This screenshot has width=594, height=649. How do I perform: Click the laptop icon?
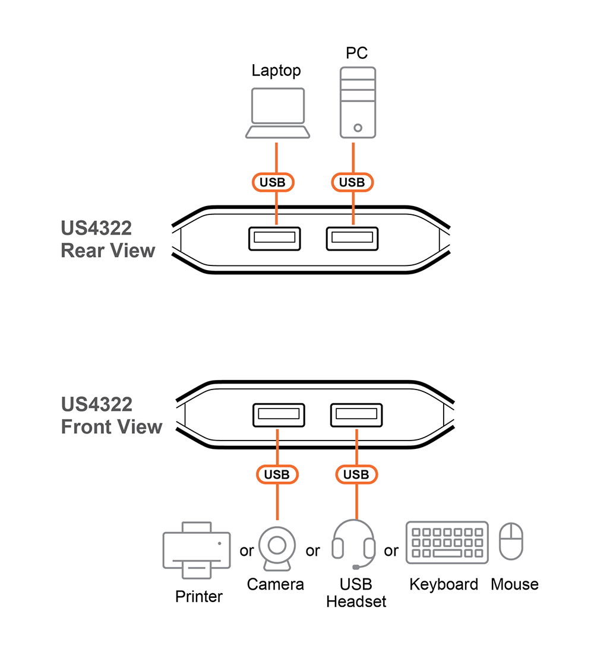pyautogui.click(x=277, y=113)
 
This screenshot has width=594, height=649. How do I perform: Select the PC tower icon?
pyautogui.click(x=357, y=102)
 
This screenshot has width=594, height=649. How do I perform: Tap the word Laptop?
pyautogui.click(x=276, y=71)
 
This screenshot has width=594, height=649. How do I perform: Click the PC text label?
pyautogui.click(x=357, y=53)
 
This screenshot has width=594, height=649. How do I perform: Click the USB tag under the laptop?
pyautogui.click(x=273, y=182)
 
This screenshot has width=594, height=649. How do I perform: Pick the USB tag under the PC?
pyautogui.click(x=352, y=182)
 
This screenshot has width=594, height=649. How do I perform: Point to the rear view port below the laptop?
pyautogui.click(x=274, y=239)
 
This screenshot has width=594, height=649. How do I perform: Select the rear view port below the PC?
pyautogui.click(x=352, y=239)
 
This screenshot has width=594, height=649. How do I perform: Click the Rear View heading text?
pyautogui.click(x=108, y=239)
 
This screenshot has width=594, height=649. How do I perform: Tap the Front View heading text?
pyautogui.click(x=111, y=416)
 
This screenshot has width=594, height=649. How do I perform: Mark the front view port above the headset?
pyautogui.click(x=356, y=414)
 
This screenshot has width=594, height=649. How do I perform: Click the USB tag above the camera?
pyautogui.click(x=277, y=474)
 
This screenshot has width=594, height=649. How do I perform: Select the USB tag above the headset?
pyautogui.click(x=356, y=474)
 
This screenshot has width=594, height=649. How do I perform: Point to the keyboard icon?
pyautogui.click(x=447, y=542)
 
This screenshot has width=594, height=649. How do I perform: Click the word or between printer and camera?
pyautogui.click(x=247, y=551)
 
